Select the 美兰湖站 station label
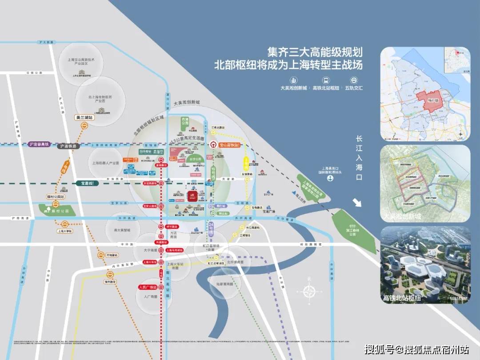click(84, 118)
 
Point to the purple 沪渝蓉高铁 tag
click(39, 144)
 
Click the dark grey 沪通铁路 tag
click(68, 146)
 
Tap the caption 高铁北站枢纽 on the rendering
click(402, 298)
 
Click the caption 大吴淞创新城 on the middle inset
click(402, 216)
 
